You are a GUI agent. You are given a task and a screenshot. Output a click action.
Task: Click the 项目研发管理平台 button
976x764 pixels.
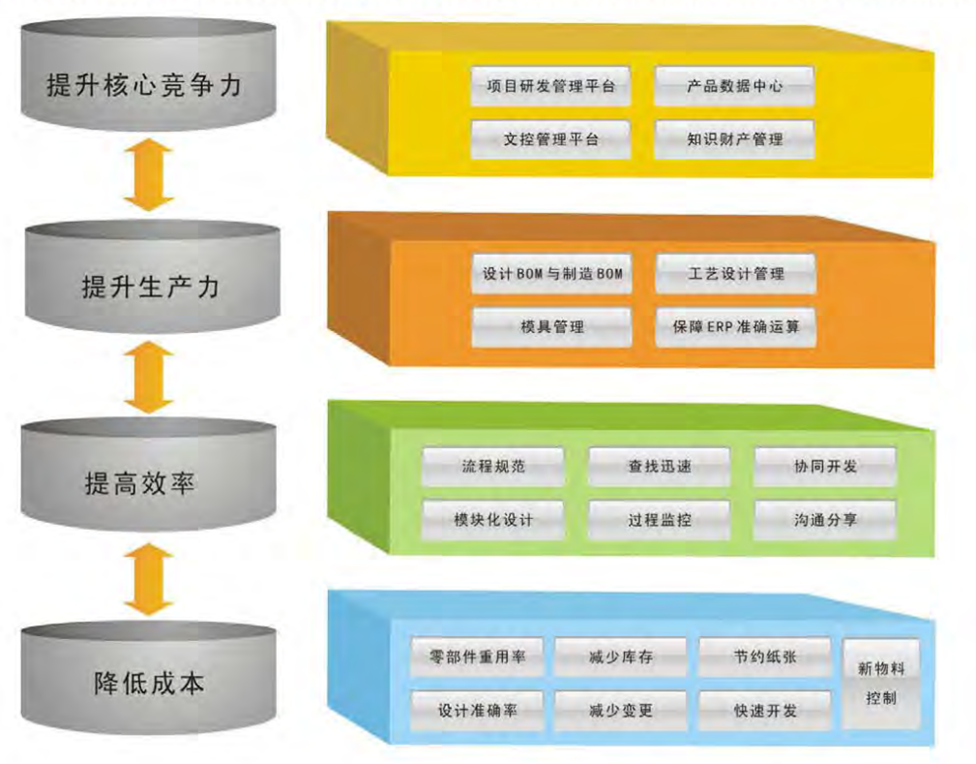549,85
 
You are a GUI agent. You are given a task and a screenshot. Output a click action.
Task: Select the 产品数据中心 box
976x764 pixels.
734,85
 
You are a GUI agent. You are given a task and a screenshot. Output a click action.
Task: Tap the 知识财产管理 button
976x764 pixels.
734,139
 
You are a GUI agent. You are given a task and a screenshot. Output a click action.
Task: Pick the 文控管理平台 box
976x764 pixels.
549,139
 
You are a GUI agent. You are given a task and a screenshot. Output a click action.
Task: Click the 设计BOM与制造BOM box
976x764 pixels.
551,274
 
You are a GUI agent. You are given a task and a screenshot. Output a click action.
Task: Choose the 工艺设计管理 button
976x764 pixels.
735,274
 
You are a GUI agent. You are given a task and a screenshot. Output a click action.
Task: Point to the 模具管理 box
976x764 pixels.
551,327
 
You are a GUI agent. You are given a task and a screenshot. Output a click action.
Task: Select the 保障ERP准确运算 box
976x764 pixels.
735,327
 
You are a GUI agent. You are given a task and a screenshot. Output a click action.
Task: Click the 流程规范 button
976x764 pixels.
492,466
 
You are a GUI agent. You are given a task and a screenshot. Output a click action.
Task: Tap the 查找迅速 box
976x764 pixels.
659,466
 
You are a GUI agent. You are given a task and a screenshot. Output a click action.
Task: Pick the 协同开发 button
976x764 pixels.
824,466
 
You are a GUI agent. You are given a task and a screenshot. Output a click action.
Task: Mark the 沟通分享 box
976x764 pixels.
824,520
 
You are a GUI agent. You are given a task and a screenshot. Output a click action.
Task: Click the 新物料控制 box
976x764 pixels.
880,683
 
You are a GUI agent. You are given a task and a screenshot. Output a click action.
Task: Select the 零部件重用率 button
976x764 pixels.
477,657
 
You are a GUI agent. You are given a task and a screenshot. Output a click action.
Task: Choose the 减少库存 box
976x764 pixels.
620,657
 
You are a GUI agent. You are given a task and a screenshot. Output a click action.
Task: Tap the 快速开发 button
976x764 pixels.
764,711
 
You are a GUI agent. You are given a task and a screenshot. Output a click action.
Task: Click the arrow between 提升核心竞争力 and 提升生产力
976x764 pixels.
148,175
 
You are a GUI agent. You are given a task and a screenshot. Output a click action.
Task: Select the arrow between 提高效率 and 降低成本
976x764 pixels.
148,579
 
